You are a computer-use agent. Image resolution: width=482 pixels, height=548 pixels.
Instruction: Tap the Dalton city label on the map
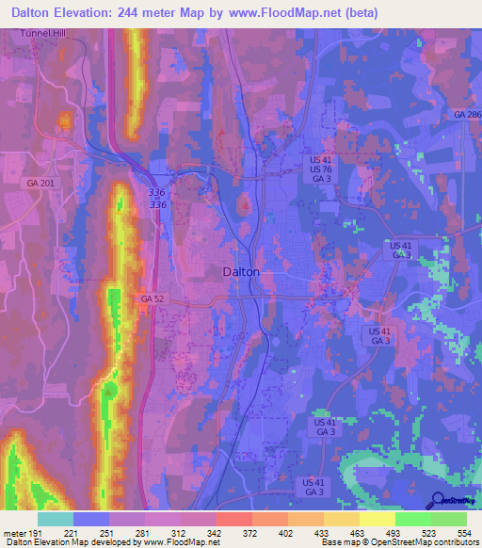click(x=241, y=271)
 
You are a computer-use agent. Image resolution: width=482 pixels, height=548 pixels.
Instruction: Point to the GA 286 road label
click(x=467, y=114)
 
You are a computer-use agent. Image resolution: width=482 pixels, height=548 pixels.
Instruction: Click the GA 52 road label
click(x=152, y=298)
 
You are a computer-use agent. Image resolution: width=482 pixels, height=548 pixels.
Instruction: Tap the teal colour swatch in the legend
click(x=55, y=518)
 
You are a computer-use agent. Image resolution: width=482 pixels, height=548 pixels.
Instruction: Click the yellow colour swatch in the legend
click(x=377, y=518)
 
